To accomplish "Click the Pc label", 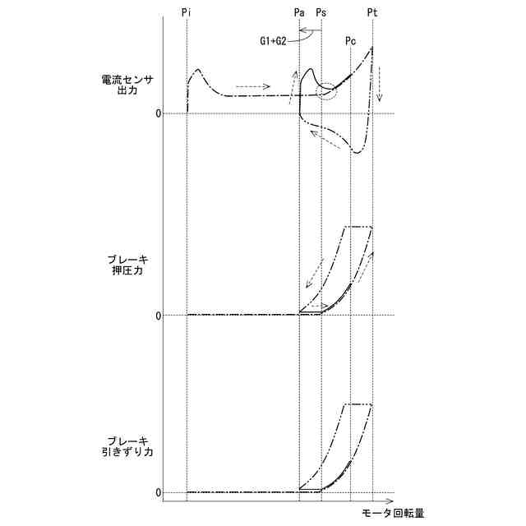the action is coord(351,40).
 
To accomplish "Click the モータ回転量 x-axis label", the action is coord(393,514).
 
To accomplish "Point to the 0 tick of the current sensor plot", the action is coord(158,113).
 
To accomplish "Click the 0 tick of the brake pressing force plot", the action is coord(158,315).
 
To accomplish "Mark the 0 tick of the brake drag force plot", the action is coord(158,492).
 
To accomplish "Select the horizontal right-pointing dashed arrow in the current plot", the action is coord(251,85).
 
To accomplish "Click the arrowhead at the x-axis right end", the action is coord(394,500).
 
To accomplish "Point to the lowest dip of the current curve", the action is coord(357,152).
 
